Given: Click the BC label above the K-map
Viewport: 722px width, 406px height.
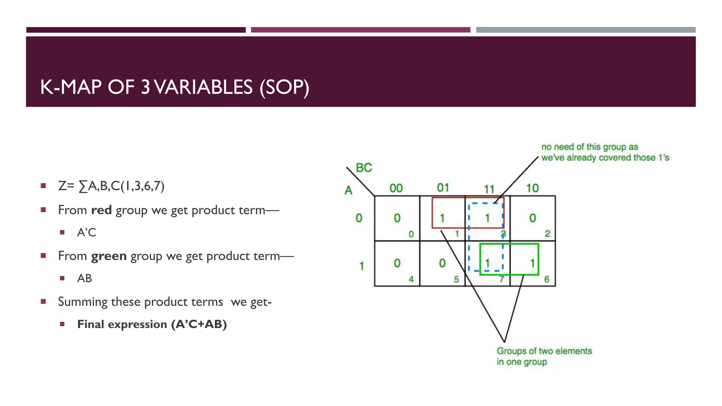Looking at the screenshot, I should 364,167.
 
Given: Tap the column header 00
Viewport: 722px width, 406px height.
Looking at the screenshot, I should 396,188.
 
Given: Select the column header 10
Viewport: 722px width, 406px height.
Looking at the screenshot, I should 532,188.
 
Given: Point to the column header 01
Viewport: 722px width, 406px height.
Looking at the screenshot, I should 443,187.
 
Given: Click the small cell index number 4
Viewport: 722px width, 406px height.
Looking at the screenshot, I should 411,279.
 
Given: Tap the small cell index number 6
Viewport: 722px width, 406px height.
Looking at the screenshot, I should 546,279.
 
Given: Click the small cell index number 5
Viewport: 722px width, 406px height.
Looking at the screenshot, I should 456,279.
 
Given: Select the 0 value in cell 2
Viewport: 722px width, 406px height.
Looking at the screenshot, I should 532,218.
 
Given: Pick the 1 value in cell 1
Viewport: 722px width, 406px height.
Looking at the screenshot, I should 442,218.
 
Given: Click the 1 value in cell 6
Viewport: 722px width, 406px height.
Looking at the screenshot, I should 532,263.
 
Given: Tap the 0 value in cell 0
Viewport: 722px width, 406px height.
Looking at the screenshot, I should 397,218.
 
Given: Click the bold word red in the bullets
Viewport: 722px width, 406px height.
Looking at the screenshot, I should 101,210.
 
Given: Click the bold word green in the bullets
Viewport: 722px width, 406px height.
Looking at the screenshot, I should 109,256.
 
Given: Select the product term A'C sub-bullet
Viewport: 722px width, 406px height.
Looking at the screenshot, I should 86,233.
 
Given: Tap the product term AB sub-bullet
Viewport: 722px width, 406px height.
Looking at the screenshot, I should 84,278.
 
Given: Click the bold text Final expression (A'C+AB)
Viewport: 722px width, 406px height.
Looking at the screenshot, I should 152,324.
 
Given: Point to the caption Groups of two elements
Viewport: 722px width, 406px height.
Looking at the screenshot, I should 544,351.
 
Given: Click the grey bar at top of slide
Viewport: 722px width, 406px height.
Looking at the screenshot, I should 586,30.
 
